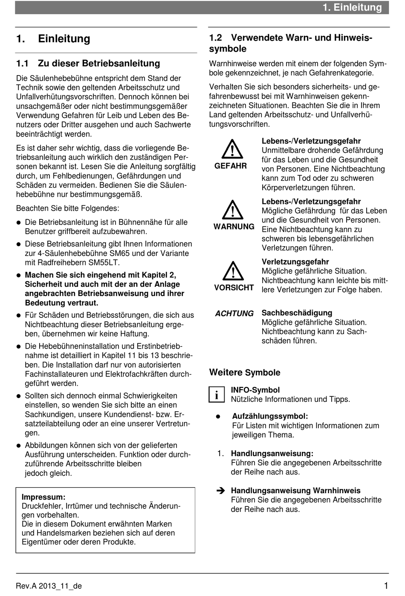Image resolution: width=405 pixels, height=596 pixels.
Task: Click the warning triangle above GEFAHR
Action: coord(232,149)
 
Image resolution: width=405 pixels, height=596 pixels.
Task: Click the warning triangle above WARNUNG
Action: coord(232,210)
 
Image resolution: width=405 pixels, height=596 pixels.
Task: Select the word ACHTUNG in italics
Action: coord(234,314)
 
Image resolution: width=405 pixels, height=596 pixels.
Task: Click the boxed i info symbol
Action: coord(217,395)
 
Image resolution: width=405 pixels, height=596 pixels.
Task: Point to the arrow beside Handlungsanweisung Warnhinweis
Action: coord(220,491)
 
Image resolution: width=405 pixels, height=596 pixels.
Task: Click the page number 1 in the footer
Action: coord(385,585)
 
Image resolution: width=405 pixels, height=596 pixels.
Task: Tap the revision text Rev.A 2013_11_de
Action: coord(49,586)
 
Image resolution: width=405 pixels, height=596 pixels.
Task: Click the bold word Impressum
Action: coord(43,497)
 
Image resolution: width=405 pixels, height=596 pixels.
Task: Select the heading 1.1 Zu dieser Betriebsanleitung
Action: coord(88,64)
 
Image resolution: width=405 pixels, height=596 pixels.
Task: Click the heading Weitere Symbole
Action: coord(245,372)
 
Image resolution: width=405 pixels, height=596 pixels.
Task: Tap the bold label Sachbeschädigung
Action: coord(297,313)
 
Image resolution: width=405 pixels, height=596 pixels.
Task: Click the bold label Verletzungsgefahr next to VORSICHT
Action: coord(295,262)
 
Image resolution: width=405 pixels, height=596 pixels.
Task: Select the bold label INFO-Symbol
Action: coord(255,390)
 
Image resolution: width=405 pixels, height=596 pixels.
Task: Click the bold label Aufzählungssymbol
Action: coord(270,416)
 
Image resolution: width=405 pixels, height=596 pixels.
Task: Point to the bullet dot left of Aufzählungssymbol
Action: coord(218,416)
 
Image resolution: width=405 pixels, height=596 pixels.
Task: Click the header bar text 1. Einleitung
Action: coord(352,7)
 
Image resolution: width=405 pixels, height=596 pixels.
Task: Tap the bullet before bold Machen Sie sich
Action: coord(19,275)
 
